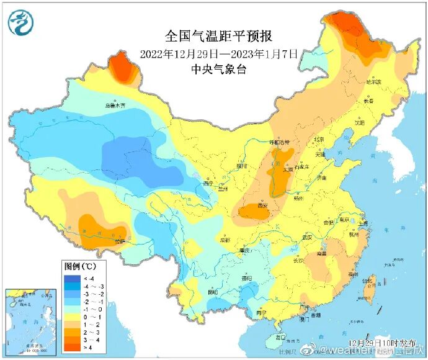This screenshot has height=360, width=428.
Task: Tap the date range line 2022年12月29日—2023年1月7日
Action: click(219, 53)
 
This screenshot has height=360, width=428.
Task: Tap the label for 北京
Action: click(319, 140)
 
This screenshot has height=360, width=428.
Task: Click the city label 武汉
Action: click(306, 237)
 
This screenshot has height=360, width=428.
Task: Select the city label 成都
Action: click(224, 240)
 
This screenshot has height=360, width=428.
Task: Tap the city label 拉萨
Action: click(117, 241)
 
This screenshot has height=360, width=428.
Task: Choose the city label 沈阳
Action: click(360, 122)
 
